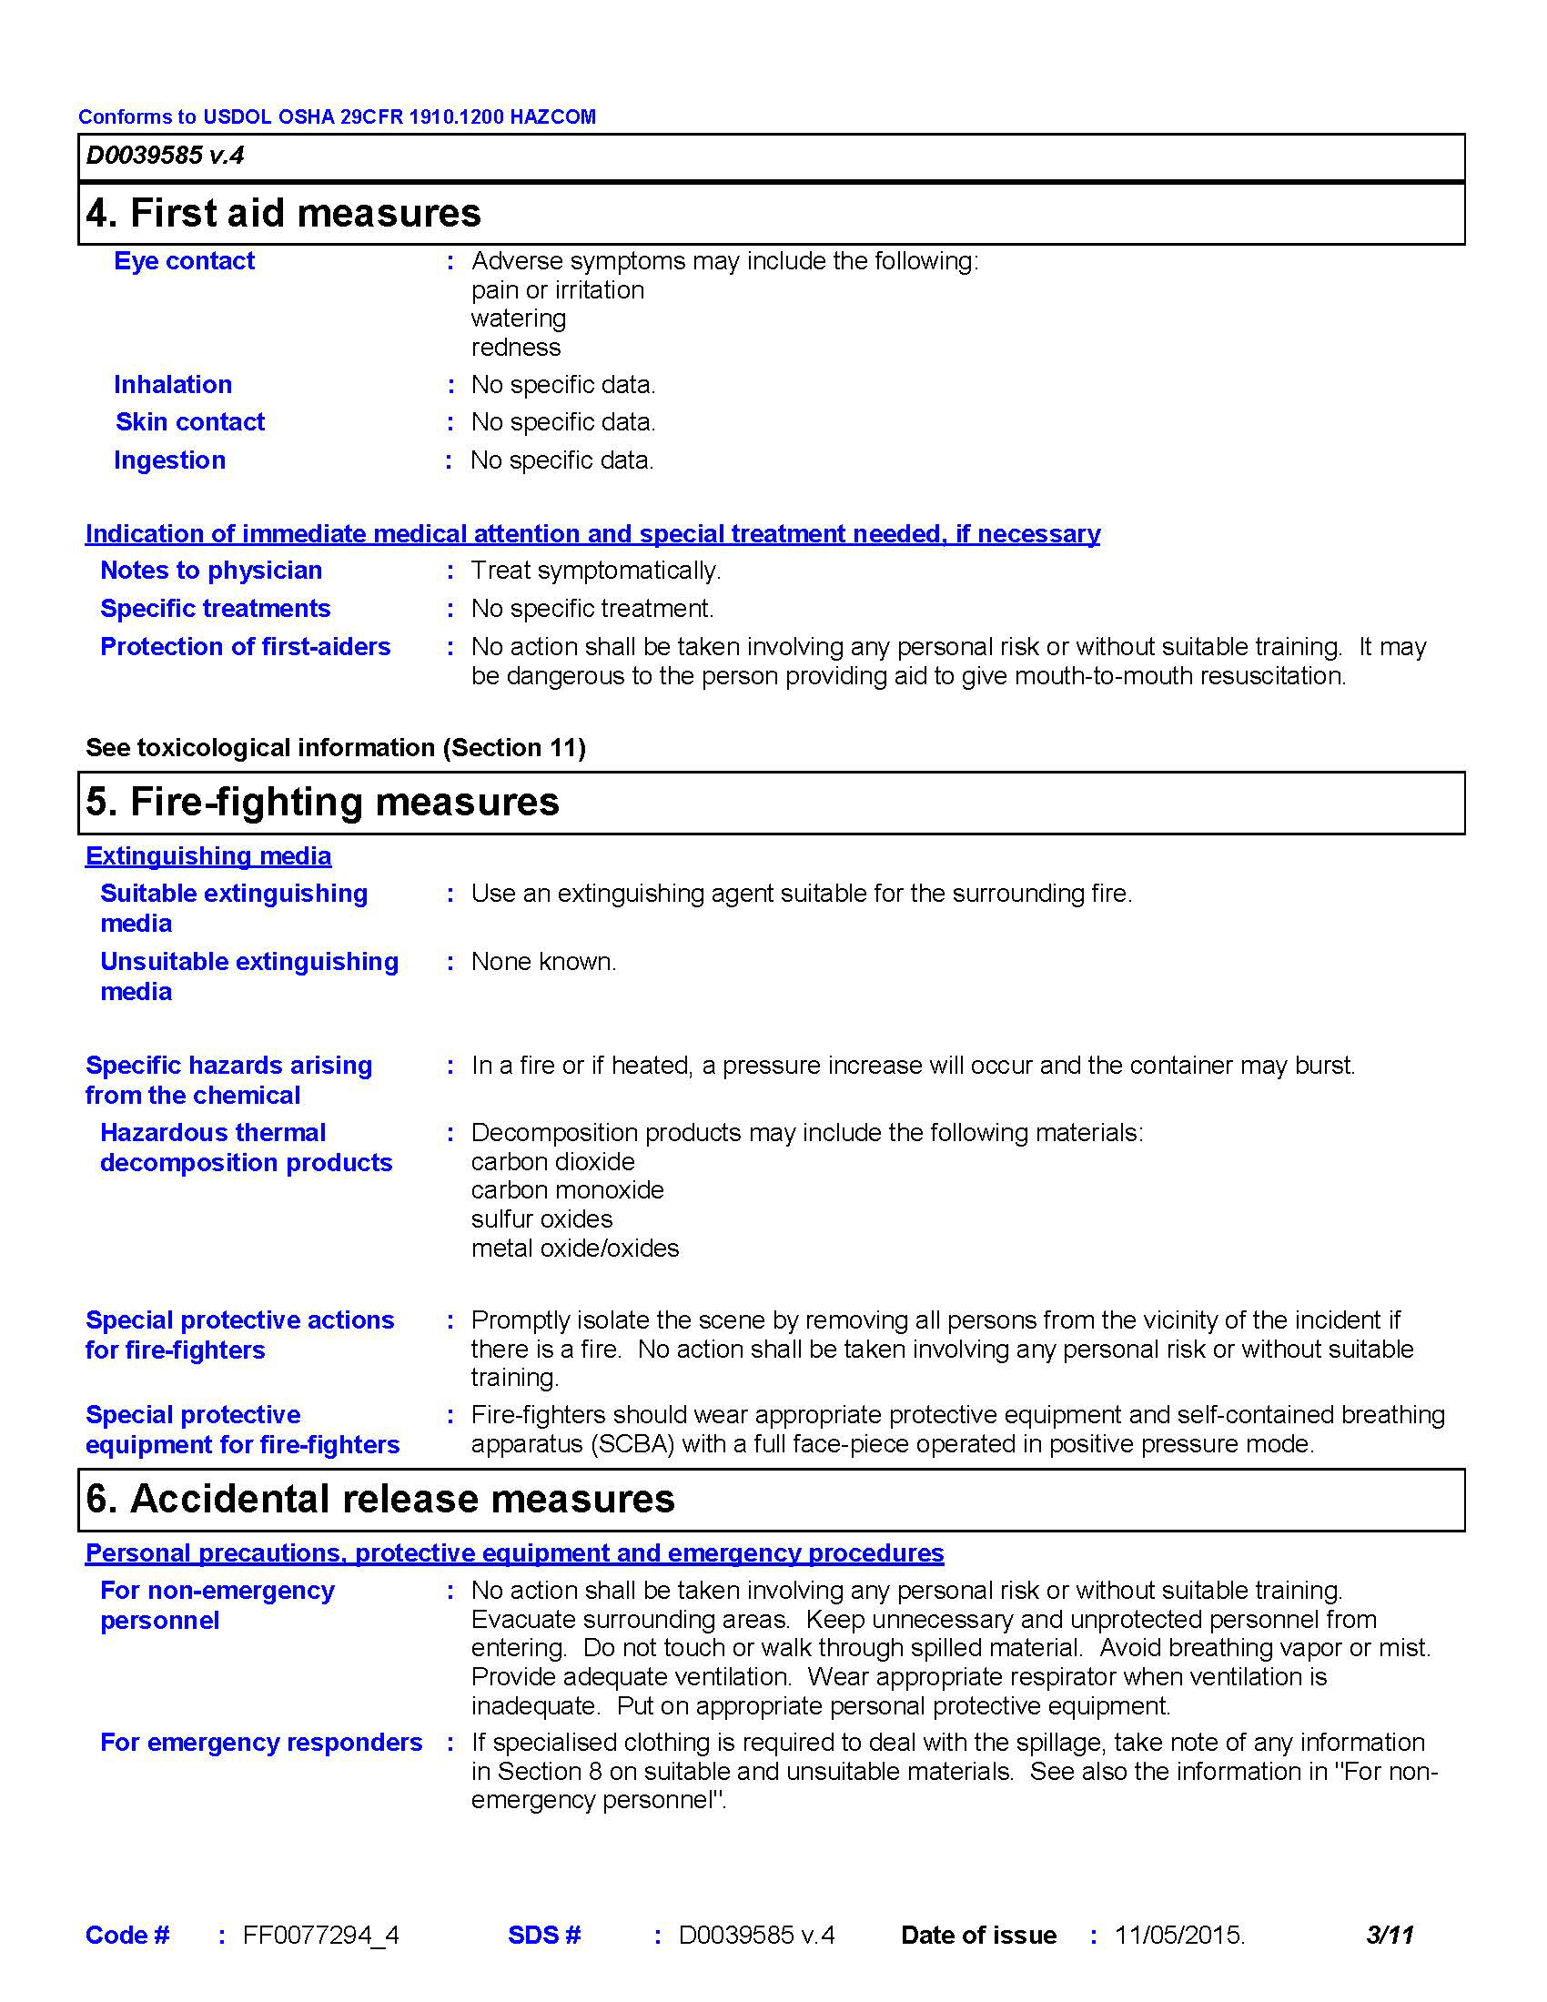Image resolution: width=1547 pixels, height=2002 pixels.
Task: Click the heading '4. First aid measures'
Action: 283,214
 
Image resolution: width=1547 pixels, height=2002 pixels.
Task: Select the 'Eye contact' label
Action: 184,261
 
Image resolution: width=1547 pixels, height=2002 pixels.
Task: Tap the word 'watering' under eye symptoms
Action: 519,318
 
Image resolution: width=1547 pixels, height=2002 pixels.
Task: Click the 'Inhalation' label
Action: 172,385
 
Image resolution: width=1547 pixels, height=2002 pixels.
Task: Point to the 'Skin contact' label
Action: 189,422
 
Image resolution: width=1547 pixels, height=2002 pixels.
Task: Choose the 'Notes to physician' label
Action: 211,571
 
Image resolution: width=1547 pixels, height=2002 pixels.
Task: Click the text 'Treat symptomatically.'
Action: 596,571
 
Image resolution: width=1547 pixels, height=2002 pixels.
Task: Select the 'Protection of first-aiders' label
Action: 245,647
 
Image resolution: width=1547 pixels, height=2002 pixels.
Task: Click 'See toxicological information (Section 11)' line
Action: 336,748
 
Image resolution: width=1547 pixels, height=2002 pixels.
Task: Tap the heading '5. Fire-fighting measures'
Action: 321,802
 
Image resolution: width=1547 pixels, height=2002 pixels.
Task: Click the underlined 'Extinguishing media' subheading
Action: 208,856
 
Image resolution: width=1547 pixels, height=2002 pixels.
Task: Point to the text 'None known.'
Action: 543,962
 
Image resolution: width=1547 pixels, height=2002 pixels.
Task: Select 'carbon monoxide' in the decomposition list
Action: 567,1190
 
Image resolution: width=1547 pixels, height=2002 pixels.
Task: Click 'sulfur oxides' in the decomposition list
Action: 541,1219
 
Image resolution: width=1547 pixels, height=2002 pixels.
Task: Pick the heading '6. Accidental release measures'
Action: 380,1499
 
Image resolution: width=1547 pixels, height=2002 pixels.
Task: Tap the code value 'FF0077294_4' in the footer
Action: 320,1935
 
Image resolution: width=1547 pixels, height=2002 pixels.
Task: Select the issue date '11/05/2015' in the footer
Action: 1178,1935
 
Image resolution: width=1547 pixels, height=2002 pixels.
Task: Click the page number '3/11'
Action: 1390,1935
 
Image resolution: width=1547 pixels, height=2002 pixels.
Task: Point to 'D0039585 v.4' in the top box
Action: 165,156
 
